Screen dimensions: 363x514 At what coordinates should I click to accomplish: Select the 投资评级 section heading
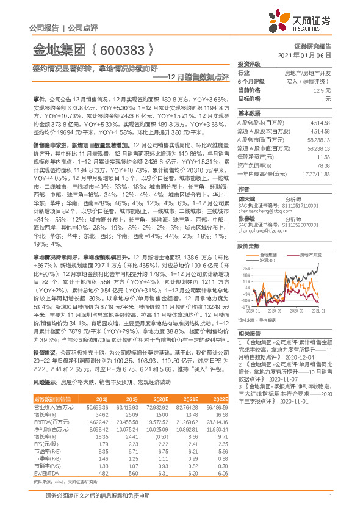249,63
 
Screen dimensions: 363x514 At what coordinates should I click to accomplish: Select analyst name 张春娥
246,218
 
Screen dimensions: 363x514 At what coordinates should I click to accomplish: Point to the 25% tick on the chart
246,268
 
